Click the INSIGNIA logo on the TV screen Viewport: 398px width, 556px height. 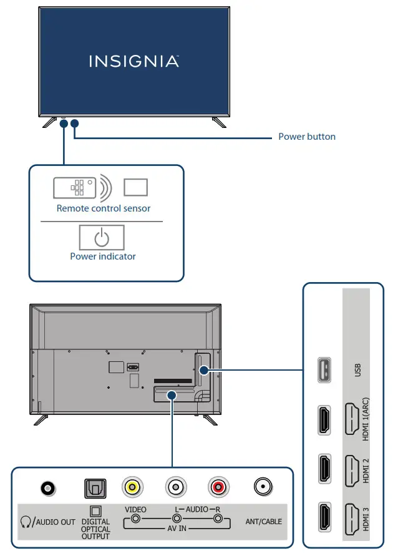133,61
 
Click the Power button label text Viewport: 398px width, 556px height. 306,137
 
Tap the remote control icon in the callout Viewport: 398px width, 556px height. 74,187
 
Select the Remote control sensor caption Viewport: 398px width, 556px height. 104,208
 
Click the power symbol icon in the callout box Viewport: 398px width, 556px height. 102,238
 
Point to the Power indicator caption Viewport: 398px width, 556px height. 103,256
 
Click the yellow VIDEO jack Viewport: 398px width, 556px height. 133,487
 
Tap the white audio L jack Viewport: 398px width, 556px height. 175,487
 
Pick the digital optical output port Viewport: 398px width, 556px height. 95,487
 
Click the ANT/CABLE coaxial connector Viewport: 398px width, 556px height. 262,487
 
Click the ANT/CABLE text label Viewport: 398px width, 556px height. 263,521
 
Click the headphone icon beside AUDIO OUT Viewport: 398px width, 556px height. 26,521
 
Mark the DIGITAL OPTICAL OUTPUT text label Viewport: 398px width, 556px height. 95,529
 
